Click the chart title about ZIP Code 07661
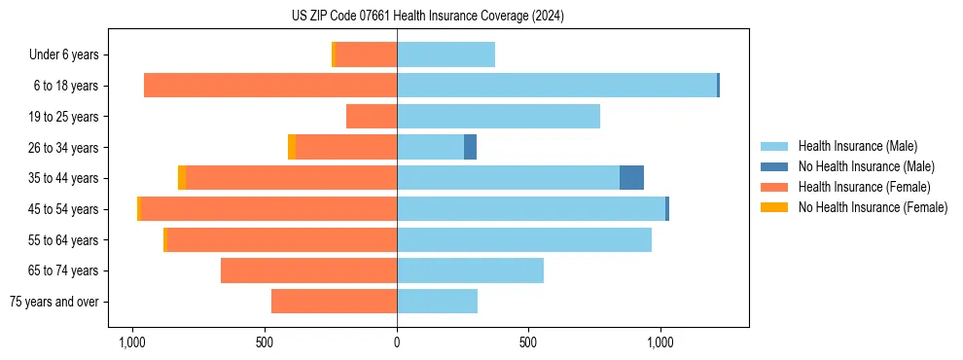click(x=427, y=16)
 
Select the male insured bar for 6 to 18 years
click(x=556, y=86)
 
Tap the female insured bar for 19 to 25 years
click(x=372, y=117)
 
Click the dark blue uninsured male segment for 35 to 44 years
click(x=631, y=178)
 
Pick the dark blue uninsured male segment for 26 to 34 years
click(x=470, y=147)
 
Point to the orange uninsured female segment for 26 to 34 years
click(x=292, y=147)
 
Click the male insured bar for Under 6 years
click(x=446, y=54)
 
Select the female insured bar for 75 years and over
click(x=334, y=302)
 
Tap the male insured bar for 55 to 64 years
click(x=523, y=239)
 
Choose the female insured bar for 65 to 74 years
click(x=308, y=270)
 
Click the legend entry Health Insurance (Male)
click(x=857, y=146)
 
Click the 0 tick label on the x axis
click(x=397, y=343)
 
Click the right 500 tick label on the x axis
click(x=528, y=343)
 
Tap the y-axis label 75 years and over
click(x=53, y=302)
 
